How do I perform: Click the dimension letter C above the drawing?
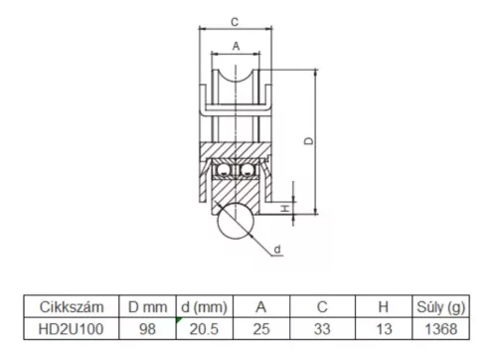point(235,22)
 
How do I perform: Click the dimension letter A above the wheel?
point(236,46)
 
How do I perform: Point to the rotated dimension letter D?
point(309,141)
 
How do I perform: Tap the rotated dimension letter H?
point(285,209)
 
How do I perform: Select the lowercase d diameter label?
point(277,249)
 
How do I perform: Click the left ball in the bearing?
point(224,170)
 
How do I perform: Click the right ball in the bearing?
point(248,170)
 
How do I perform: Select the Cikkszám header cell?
point(72,307)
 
